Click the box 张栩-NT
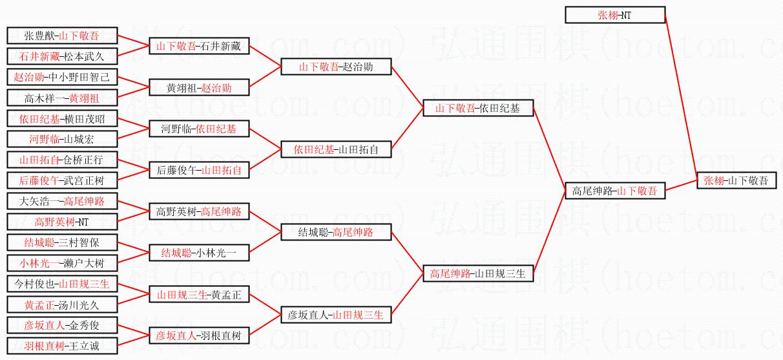click(x=614, y=15)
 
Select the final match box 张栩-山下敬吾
click(x=736, y=180)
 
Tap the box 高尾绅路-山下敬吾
click(x=614, y=191)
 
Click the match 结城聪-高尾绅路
click(x=336, y=232)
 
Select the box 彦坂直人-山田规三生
click(x=336, y=315)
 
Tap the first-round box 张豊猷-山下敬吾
click(x=62, y=36)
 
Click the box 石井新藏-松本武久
click(x=62, y=56)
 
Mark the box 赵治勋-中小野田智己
click(x=62, y=77)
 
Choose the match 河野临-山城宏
click(x=62, y=139)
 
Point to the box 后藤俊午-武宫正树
click(x=62, y=180)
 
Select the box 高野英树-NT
click(x=62, y=222)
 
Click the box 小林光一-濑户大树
click(x=62, y=263)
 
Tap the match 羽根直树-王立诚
click(x=62, y=346)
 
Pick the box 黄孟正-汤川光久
click(x=62, y=304)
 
